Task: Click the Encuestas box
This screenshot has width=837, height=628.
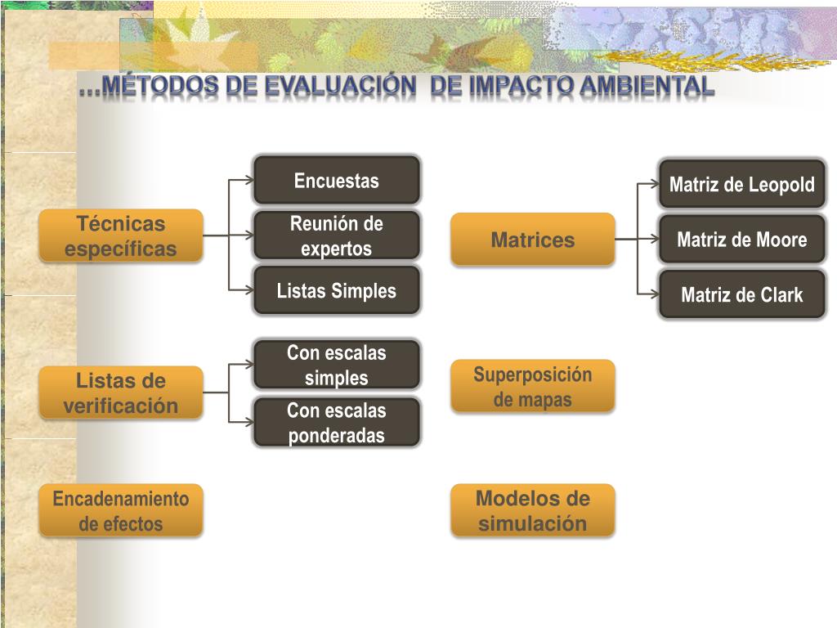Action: [x=336, y=180]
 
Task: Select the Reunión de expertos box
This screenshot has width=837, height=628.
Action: [x=336, y=235]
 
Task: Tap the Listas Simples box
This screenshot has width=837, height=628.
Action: [x=336, y=290]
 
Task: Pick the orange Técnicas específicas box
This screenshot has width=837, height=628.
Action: [x=121, y=235]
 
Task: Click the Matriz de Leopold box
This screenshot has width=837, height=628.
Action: [x=742, y=184]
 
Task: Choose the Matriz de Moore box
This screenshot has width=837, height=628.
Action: [x=742, y=240]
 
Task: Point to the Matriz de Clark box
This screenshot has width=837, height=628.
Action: [x=742, y=294]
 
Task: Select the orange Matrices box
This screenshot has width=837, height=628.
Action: [x=533, y=240]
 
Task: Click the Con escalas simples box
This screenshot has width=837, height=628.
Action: [x=336, y=365]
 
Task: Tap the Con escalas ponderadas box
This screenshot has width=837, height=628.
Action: [x=336, y=422]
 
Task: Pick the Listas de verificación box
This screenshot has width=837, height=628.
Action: [x=121, y=392]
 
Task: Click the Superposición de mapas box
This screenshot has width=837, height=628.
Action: [x=533, y=386]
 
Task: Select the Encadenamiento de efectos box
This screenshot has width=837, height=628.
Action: [x=121, y=510]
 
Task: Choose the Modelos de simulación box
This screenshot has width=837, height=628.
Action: [x=533, y=510]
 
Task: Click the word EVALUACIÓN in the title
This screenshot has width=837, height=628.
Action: [x=340, y=85]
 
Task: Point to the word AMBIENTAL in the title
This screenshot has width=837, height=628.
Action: [x=647, y=85]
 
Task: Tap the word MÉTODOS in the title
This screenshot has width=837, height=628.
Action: [x=159, y=85]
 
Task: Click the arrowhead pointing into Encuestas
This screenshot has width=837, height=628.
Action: [x=249, y=180]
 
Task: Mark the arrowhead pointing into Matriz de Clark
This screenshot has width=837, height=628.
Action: [x=655, y=294]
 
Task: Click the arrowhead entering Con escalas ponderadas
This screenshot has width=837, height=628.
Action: [x=249, y=422]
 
